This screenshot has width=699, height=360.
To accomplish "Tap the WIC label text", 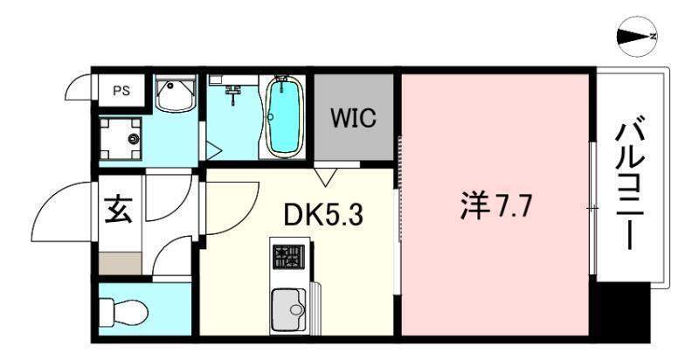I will pyautogui.click(x=355, y=118).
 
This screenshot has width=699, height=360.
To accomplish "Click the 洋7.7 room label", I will pyautogui.click(x=495, y=209).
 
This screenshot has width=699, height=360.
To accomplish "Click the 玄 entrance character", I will pyautogui.click(x=119, y=210).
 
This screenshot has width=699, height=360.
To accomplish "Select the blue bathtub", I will pyautogui.click(x=284, y=117).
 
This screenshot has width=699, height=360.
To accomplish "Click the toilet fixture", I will pyautogui.click(x=122, y=309).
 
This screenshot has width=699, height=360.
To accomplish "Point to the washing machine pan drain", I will pyautogui.click(x=133, y=139).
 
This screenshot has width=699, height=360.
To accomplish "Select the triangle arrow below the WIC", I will pyautogui.click(x=327, y=177).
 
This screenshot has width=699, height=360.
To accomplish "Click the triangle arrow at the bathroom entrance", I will pyautogui.click(x=212, y=150).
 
